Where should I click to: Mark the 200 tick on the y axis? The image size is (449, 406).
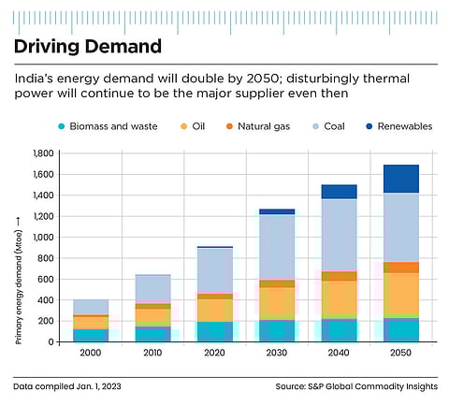pyautogui.click(x=43, y=321)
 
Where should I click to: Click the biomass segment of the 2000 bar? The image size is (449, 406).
pyautogui.click(x=91, y=335)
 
